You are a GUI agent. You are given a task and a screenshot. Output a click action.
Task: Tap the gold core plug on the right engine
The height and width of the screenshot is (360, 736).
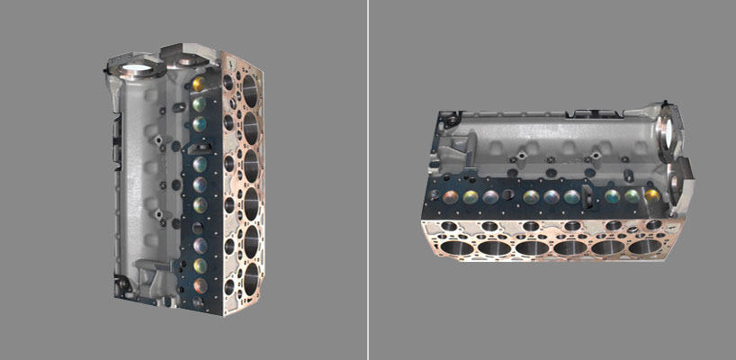pyautogui.click(x=650, y=195)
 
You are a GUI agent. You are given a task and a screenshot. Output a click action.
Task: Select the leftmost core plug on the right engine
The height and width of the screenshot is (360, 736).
pyautogui.click(x=448, y=195)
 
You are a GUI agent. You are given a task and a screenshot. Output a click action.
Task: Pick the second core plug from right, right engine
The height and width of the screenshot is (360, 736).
pyautogui.click(x=632, y=195)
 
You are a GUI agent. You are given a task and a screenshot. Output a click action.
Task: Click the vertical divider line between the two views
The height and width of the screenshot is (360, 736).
pyautogui.click(x=368, y=180)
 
